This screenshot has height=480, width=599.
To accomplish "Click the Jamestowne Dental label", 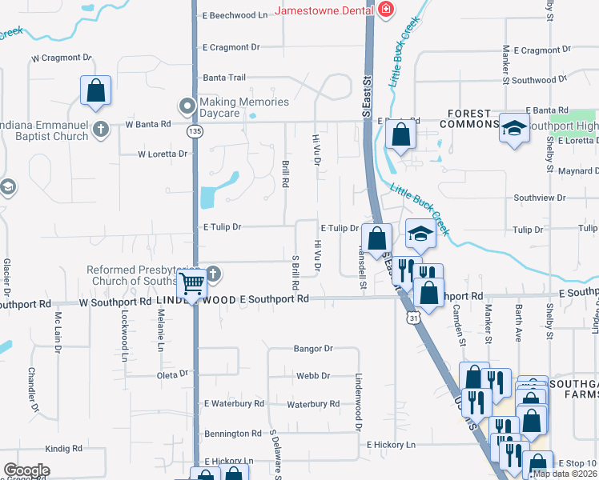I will (x=324, y=10).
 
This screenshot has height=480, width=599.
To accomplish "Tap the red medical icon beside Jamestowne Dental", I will (x=386, y=10).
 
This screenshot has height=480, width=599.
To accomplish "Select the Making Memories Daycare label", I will (x=243, y=107).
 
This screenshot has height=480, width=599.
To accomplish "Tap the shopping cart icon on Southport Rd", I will (x=192, y=282).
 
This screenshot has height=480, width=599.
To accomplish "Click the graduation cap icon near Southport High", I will (x=513, y=127).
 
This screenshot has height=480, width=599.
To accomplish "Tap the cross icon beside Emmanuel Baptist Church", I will (x=100, y=130).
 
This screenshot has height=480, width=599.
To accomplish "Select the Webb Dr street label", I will (x=313, y=375).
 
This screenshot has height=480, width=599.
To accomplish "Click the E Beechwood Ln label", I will (x=235, y=15).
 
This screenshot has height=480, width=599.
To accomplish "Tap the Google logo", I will (x=26, y=470).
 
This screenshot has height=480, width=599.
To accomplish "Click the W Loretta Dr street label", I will (x=163, y=154).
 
